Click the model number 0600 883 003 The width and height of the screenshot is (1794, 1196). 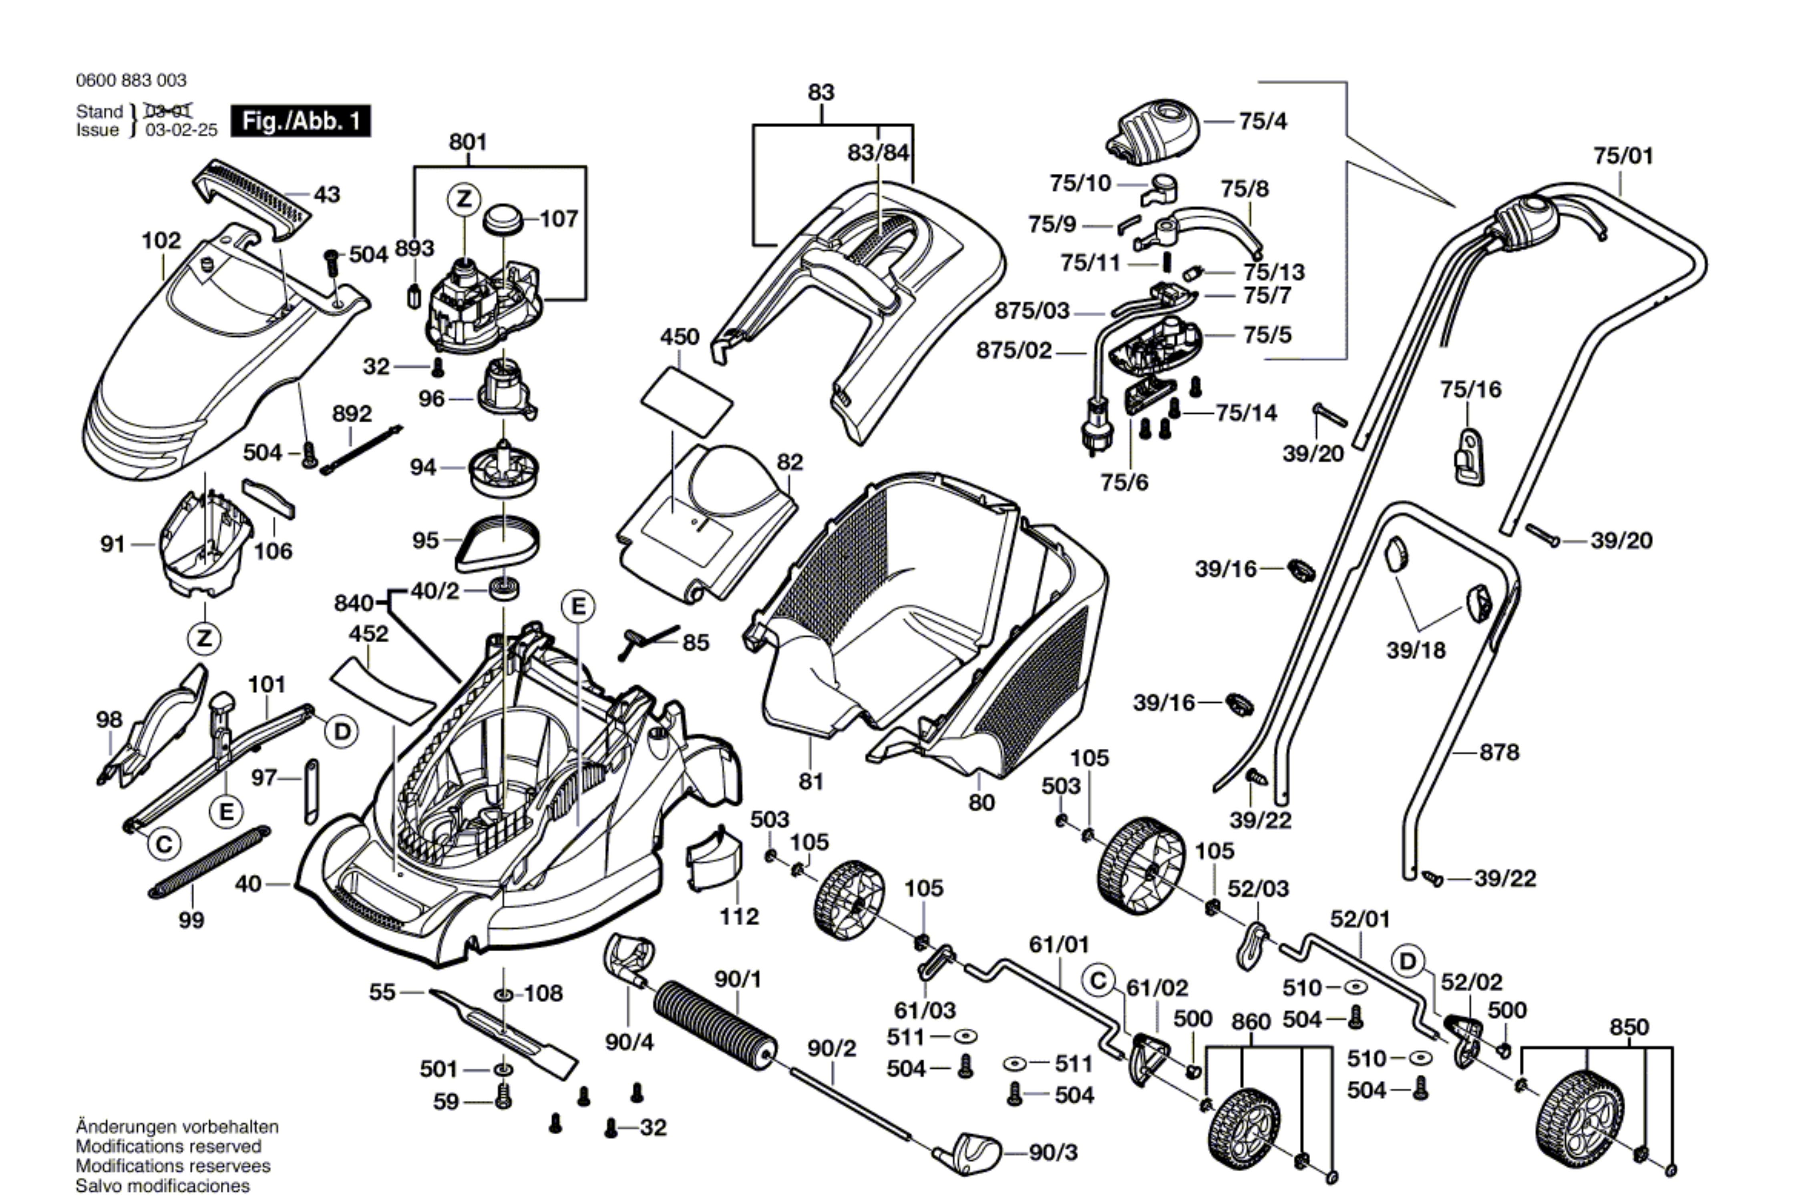point(131,80)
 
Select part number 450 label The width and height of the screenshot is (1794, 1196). point(680,336)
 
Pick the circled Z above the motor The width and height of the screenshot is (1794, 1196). point(464,200)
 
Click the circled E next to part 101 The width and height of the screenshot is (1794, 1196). point(227,812)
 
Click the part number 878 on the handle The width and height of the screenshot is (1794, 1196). point(1499,753)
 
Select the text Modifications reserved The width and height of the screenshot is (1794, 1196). point(169,1146)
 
